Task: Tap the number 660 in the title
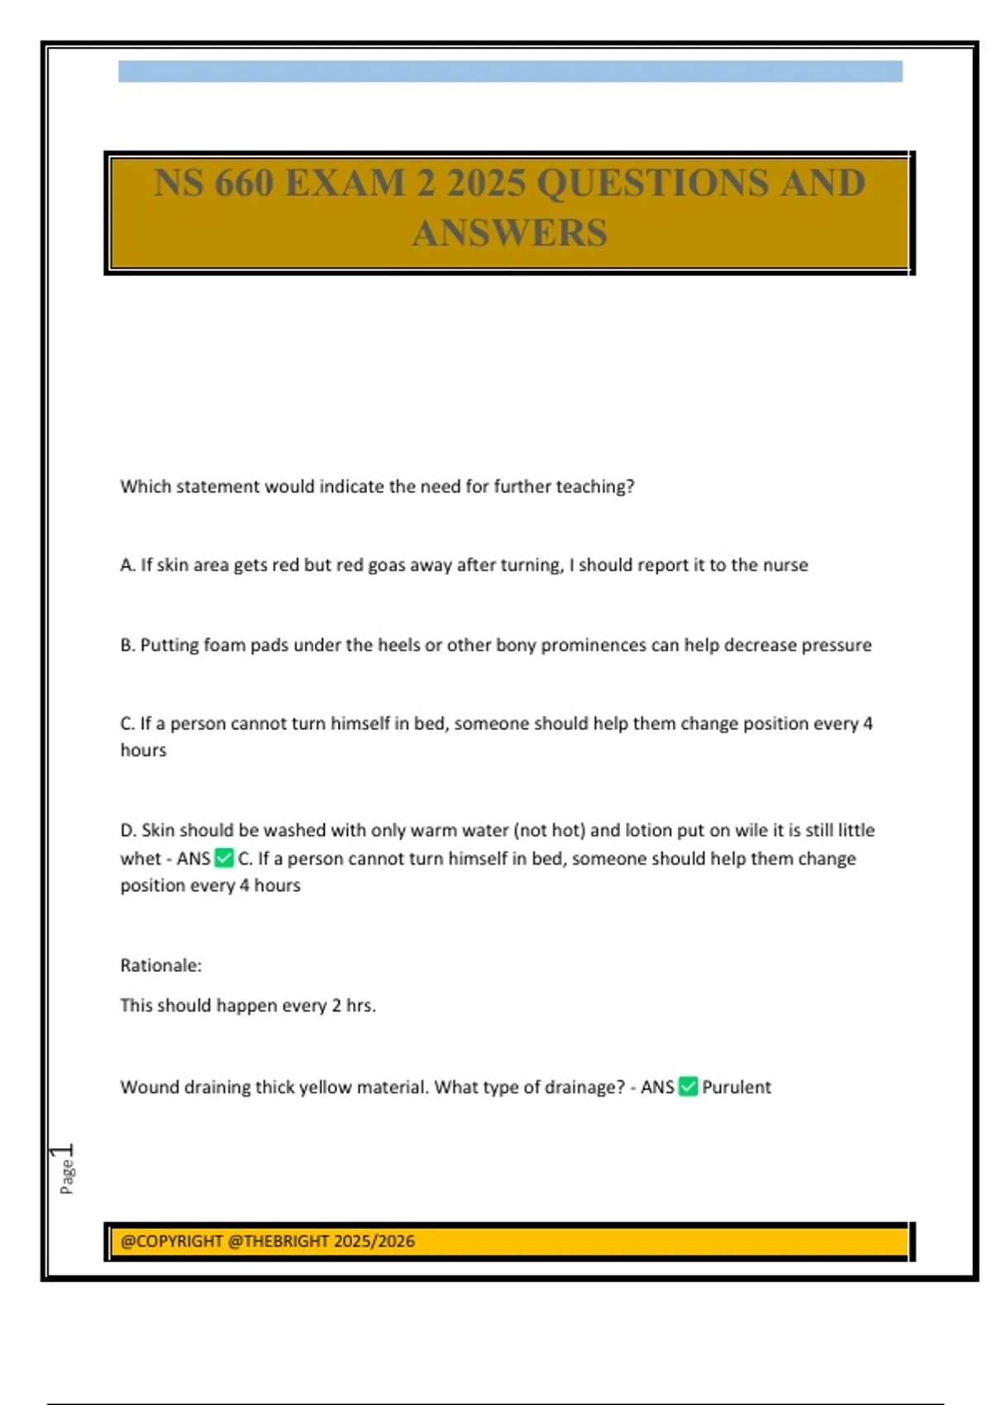coord(245,183)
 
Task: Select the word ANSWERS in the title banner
coord(509,232)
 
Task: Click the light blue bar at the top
coord(509,71)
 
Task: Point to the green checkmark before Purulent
coord(688,1086)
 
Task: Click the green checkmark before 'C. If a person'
coord(224,858)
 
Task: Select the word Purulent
coord(737,1087)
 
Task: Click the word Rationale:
coord(160,965)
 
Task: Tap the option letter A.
coord(126,565)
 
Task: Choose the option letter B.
coord(126,645)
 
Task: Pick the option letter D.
coord(127,830)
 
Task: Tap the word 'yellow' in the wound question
coord(325,1088)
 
